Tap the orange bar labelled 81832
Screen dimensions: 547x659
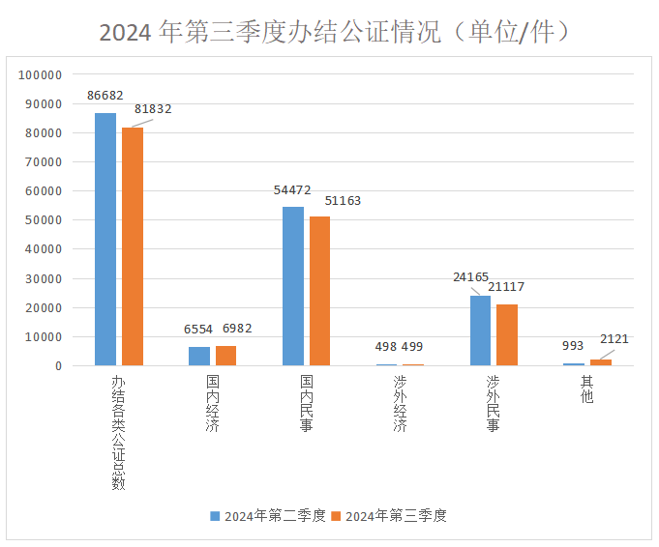coord(133,246)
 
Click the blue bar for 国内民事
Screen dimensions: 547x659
coord(293,286)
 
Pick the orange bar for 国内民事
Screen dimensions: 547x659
coord(320,291)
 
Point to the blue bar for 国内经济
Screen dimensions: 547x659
coord(199,356)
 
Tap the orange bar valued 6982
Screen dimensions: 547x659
coord(226,356)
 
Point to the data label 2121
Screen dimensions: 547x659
coord(614,339)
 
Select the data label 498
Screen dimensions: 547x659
coord(386,347)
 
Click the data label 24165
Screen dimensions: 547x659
coord(471,277)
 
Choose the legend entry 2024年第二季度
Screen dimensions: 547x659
coord(268,516)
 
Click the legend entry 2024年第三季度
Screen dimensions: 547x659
coord(389,516)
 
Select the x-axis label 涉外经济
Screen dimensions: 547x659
coord(400,404)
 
